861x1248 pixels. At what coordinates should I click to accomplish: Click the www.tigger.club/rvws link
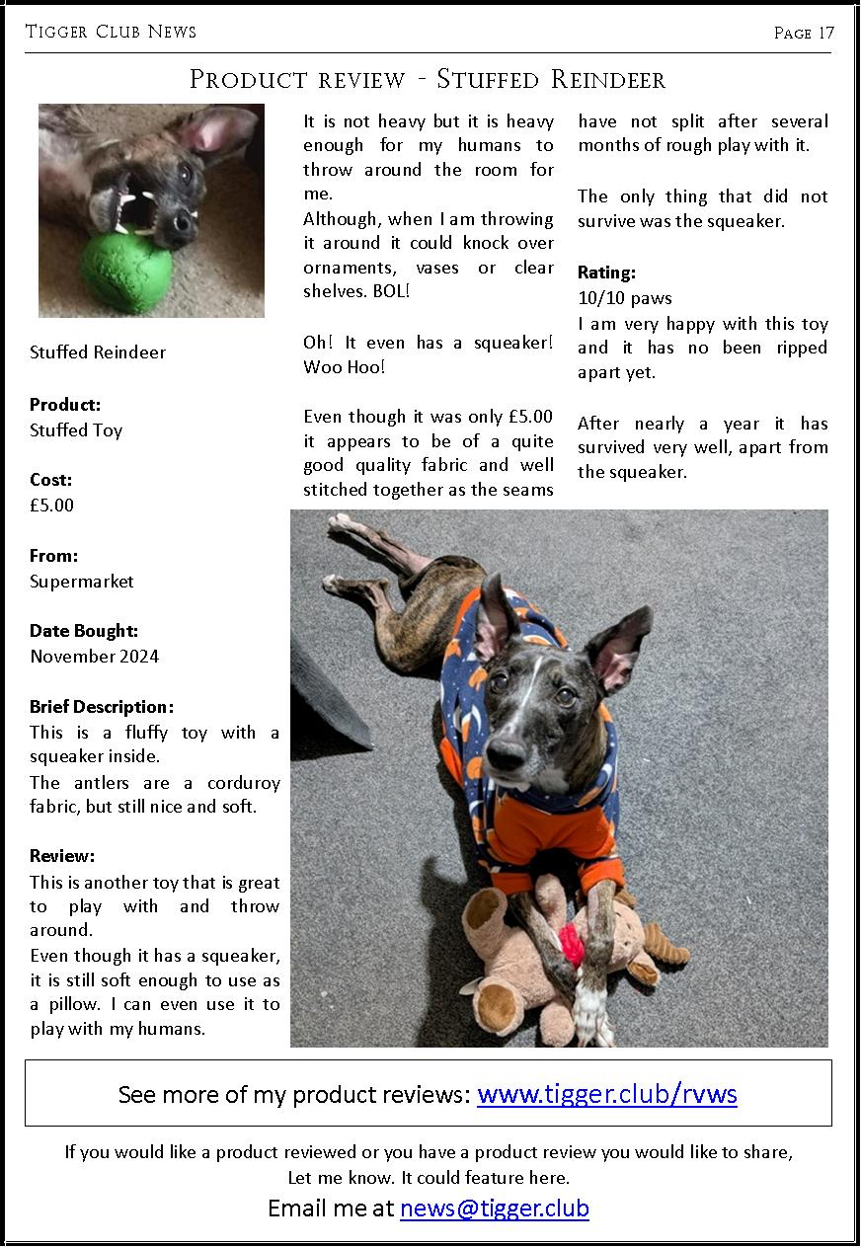click(606, 1094)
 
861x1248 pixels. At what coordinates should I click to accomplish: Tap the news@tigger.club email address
click(494, 1209)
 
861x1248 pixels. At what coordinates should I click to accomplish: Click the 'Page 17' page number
click(804, 33)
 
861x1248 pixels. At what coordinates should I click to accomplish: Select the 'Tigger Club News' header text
click(111, 32)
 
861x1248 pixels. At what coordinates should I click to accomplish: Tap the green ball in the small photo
click(126, 271)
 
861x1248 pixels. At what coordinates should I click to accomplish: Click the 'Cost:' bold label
click(50, 480)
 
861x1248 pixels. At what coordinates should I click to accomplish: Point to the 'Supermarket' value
click(81, 582)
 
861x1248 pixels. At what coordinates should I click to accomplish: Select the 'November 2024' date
click(94, 657)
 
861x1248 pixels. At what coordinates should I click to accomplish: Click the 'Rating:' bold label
click(606, 273)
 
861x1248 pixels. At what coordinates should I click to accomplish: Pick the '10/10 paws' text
click(624, 298)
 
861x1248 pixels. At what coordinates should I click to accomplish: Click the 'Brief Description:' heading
click(102, 707)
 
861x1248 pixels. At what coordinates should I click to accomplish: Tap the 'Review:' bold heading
click(62, 856)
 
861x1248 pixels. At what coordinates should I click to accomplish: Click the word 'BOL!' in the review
click(391, 292)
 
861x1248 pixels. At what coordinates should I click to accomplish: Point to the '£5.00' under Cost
click(51, 506)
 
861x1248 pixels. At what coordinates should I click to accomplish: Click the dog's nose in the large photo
click(506, 754)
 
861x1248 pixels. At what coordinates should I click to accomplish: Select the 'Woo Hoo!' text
click(344, 367)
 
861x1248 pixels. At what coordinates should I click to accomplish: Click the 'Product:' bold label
click(65, 405)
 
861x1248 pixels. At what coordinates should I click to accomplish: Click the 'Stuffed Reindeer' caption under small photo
click(98, 352)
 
